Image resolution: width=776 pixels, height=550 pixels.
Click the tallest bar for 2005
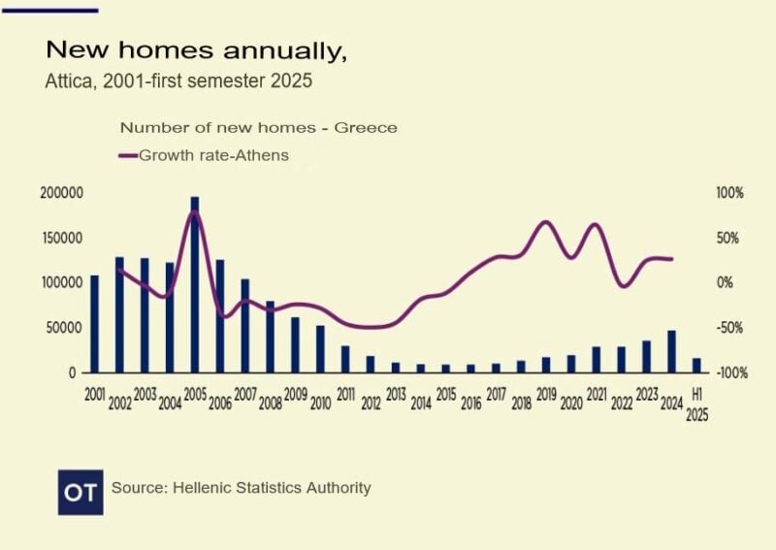tap(195, 284)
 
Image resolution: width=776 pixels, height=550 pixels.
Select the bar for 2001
tap(94, 324)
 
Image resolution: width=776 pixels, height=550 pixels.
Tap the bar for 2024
tap(671, 351)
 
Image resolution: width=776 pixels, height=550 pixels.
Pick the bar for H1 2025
tap(696, 365)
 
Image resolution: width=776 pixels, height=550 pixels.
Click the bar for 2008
tap(270, 337)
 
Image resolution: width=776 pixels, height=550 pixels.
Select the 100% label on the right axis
tap(729, 193)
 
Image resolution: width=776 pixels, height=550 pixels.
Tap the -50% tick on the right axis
tap(729, 328)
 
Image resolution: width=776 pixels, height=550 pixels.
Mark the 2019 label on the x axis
tap(546, 396)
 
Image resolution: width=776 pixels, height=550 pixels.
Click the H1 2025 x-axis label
tap(696, 404)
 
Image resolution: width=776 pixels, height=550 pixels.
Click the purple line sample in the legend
tap(128, 155)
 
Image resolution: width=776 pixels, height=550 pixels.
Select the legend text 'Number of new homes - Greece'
tap(258, 128)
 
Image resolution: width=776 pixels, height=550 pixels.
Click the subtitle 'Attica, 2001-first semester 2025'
tap(178, 81)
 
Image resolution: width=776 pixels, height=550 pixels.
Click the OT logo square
tap(81, 492)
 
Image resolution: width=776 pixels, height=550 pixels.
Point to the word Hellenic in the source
tap(202, 488)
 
